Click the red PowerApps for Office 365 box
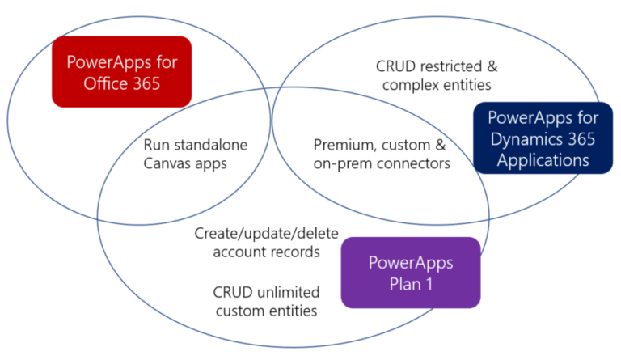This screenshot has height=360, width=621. [x=121, y=72]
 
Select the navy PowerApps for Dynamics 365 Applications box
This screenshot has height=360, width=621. [x=543, y=138]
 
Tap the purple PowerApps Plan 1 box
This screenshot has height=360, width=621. [x=411, y=273]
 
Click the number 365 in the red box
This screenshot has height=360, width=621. [x=146, y=83]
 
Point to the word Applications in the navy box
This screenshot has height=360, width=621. [x=543, y=160]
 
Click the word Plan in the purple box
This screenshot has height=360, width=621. [x=405, y=284]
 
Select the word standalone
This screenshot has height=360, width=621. [x=211, y=145]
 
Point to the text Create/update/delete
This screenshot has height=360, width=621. [x=267, y=234]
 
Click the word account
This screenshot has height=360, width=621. [x=238, y=252]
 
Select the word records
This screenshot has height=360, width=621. [x=294, y=252]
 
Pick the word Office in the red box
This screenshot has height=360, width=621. [x=106, y=83]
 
